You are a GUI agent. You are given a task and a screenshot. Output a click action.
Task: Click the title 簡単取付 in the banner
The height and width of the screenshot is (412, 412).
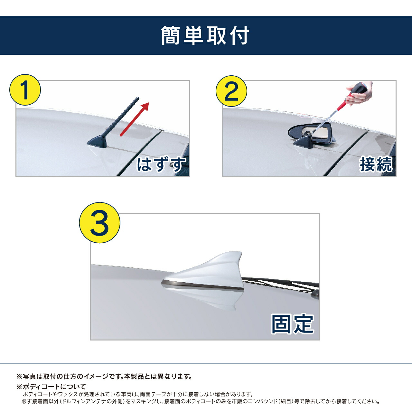[205, 35]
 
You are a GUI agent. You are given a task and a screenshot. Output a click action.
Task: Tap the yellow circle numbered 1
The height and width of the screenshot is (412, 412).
[25, 90]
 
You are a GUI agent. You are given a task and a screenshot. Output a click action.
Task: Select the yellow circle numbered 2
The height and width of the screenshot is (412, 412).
[231, 91]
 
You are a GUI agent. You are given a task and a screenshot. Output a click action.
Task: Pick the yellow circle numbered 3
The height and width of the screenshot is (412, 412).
[99, 223]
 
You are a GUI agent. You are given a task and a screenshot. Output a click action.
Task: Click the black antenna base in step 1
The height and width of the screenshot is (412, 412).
[98, 142]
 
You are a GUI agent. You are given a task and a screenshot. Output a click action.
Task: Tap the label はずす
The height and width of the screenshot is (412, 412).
[161, 164]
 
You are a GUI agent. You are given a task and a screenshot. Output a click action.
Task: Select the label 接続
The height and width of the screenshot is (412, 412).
[376, 164]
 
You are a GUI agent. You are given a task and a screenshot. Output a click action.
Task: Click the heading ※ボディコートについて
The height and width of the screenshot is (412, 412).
[51, 387]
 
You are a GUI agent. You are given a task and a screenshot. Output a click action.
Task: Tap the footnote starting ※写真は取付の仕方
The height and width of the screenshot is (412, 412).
[104, 376]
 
